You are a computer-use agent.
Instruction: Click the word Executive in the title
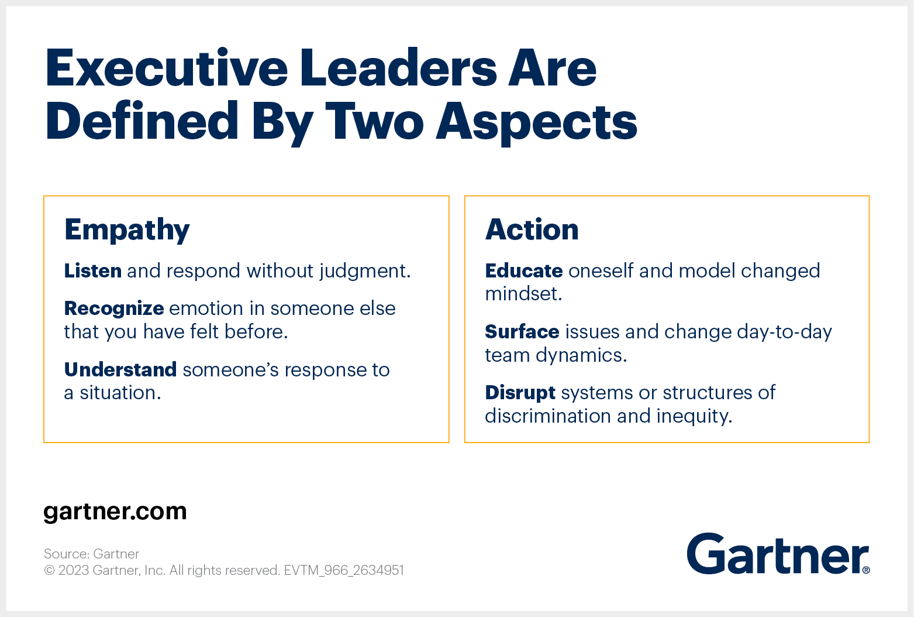[167, 68]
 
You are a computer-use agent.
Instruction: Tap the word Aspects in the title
[537, 122]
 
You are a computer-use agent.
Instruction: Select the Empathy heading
[127, 231]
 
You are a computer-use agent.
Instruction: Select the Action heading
[532, 229]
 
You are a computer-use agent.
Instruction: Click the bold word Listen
[92, 270]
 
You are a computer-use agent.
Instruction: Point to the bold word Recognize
[114, 309]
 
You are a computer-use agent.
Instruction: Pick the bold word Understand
[120, 369]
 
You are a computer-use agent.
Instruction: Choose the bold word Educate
[524, 270]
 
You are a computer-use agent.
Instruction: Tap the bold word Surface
[522, 331]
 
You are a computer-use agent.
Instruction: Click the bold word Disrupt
[520, 393]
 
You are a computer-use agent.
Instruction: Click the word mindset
[523, 294]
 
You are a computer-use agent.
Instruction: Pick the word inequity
[694, 417]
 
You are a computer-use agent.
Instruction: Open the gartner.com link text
[115, 512]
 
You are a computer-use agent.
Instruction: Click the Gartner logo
[778, 554]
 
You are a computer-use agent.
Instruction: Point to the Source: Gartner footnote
[91, 554]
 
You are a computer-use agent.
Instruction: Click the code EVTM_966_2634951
[344, 570]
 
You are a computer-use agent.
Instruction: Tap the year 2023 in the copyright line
[74, 570]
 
